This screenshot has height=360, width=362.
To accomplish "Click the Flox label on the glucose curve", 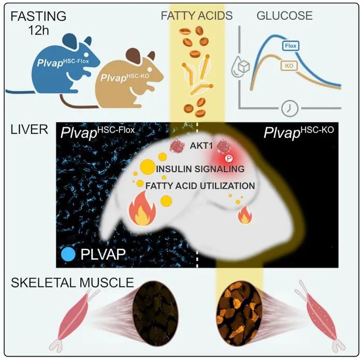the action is pyautogui.click(x=291, y=46).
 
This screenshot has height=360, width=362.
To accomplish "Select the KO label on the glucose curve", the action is pyautogui.click(x=289, y=66).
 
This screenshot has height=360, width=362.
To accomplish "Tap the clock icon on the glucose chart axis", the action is pyautogui.click(x=289, y=109).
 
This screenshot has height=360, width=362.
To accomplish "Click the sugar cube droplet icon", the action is pyautogui.click(x=241, y=67).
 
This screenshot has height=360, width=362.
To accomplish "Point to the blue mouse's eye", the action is pyautogui.click(x=86, y=54).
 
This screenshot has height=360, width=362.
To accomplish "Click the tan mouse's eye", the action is pyautogui.click(x=150, y=69).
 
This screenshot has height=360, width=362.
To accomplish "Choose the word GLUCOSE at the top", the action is pyautogui.click(x=284, y=16).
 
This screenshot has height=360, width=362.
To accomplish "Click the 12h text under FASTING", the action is pyautogui.click(x=38, y=30).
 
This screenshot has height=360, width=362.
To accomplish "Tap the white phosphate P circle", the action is pyautogui.click(x=229, y=158).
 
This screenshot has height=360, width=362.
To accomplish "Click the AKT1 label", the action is pyautogui.click(x=201, y=146).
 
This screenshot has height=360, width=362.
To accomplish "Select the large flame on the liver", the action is pyautogui.click(x=142, y=208).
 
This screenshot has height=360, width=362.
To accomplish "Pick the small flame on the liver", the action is pyautogui.click(x=245, y=215).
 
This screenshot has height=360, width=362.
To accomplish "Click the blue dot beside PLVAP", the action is pyautogui.click(x=68, y=254).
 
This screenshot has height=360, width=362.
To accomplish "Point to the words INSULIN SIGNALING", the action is pyautogui.click(x=200, y=169).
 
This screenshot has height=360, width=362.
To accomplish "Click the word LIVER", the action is pyautogui.click(x=29, y=129).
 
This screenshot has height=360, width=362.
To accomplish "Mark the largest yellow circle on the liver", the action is pyautogui.click(x=148, y=167).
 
